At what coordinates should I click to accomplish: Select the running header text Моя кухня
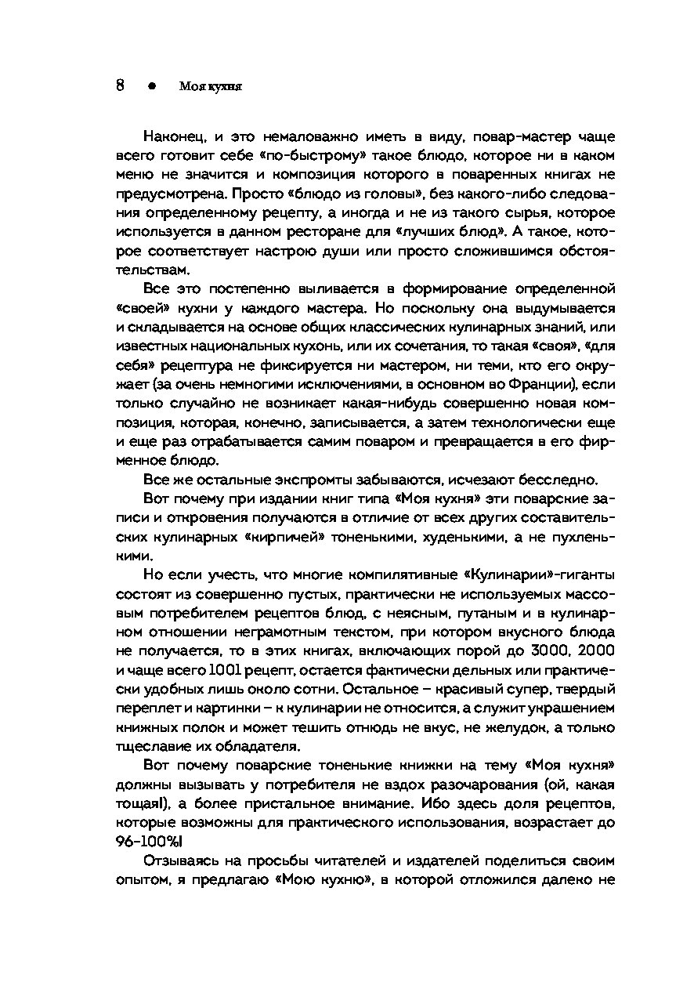(x=211, y=88)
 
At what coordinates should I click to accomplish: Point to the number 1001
(x=226, y=669)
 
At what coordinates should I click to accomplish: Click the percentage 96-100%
(x=146, y=840)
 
